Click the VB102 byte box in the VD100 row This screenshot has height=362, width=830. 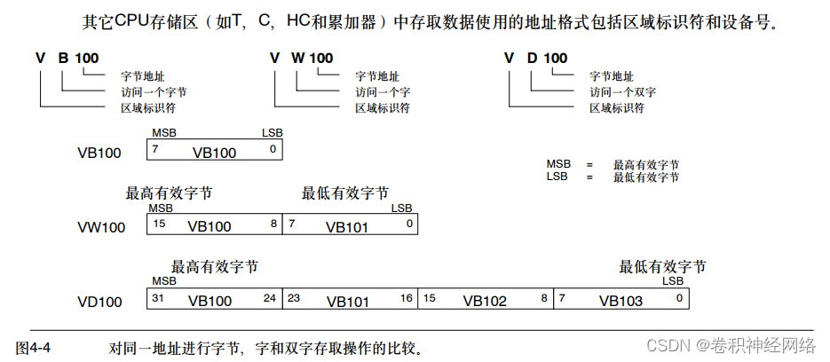pyautogui.click(x=485, y=301)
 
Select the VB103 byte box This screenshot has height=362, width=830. pyautogui.click(x=621, y=301)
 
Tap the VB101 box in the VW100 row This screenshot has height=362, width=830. pyautogui.click(x=347, y=226)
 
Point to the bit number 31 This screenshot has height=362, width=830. pyautogui.click(x=158, y=298)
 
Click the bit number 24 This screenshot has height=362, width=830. pyautogui.click(x=270, y=298)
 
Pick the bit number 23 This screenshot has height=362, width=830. pyautogui.click(x=295, y=298)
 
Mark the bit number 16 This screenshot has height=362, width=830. pyautogui.click(x=406, y=298)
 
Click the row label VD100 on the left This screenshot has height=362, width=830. pyautogui.click(x=99, y=302)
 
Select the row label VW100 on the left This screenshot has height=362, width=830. pyautogui.click(x=100, y=227)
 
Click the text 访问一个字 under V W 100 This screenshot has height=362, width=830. pyautogui.click(x=383, y=91)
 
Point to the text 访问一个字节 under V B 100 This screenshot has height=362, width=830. pyautogui.click(x=154, y=91)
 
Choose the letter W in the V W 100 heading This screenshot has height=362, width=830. pyautogui.click(x=298, y=59)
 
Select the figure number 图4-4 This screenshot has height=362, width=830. pyautogui.click(x=34, y=346)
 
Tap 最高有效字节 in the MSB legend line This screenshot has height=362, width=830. pyautogui.click(x=645, y=165)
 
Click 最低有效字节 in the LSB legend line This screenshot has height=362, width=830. pyautogui.click(x=645, y=177)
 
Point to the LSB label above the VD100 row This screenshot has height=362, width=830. pyautogui.click(x=672, y=281)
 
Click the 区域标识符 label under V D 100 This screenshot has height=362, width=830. pyautogui.click(x=619, y=108)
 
